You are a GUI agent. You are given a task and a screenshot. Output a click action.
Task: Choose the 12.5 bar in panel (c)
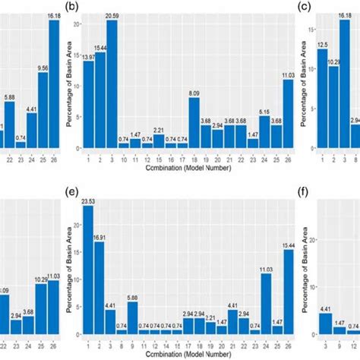(x=323, y=99)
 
